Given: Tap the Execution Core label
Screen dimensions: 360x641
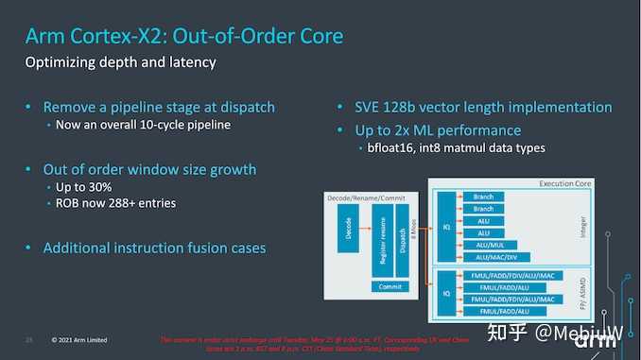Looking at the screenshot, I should [565, 182].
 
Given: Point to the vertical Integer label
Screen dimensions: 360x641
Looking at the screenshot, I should [581, 225].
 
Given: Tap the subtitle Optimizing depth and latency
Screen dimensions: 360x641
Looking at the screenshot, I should [121, 63].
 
